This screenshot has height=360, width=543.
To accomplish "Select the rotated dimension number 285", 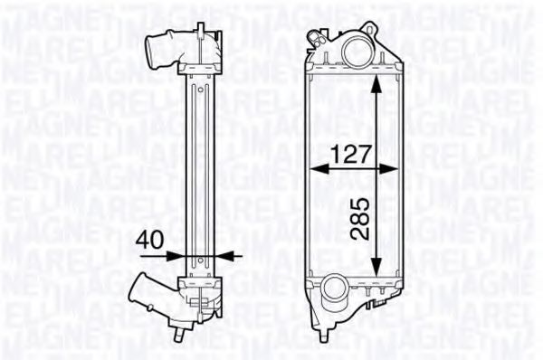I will (x=359, y=217).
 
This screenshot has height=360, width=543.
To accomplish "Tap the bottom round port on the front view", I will (x=335, y=292).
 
